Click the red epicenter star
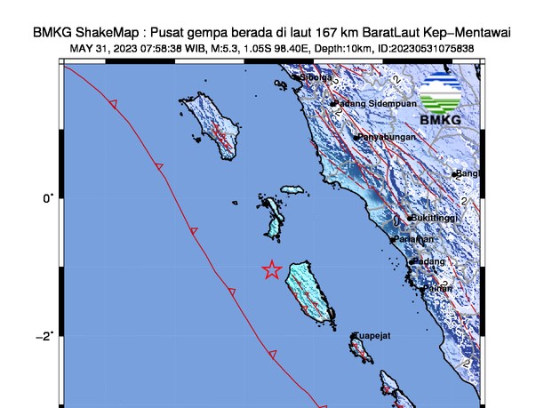coord(272,269)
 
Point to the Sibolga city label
coord(316,77)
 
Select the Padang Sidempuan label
coord(376,104)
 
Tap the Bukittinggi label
coord(435,218)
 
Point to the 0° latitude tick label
coord(47,198)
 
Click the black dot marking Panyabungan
coord(356,138)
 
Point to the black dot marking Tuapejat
coord(354,336)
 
